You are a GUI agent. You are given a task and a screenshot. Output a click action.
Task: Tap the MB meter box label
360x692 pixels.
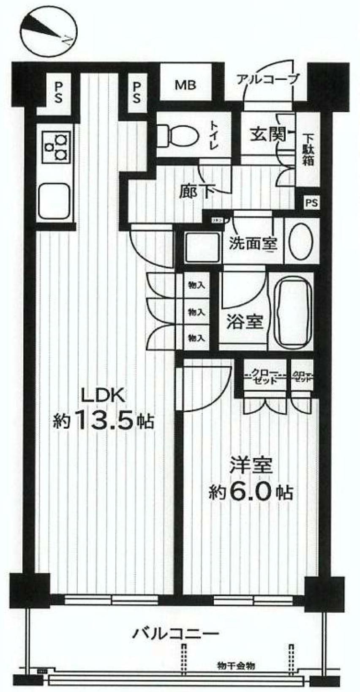pos(186,85)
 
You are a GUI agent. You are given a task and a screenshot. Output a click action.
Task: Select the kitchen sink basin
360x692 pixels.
pos(55,201)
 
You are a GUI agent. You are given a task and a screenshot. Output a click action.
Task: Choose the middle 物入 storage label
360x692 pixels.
pos(196,312)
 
